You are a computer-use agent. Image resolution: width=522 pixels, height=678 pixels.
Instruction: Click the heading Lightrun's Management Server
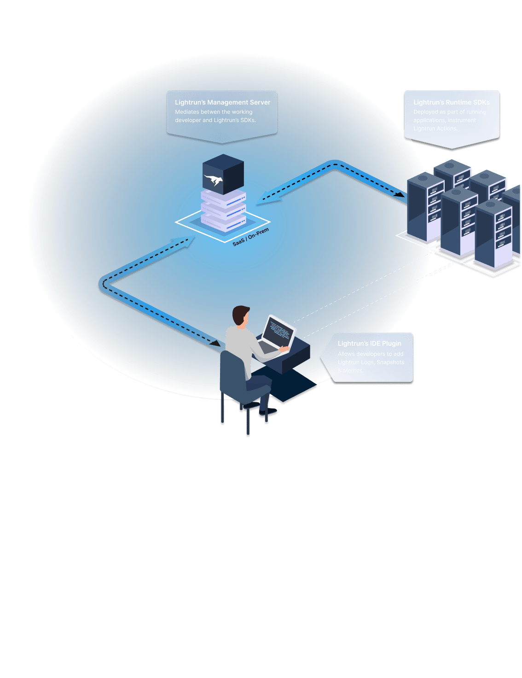pyautogui.click(x=222, y=102)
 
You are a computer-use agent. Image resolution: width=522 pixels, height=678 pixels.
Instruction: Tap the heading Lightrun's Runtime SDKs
pyautogui.click(x=451, y=102)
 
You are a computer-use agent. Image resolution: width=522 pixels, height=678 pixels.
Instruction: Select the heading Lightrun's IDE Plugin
pyautogui.click(x=369, y=344)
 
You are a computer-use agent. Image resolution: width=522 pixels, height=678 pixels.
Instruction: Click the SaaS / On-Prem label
pyautogui.click(x=250, y=237)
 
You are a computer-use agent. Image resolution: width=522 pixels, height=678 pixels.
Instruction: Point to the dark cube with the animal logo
pyautogui.click(x=223, y=174)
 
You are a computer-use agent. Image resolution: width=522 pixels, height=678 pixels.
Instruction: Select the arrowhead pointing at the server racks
pyautogui.click(x=400, y=194)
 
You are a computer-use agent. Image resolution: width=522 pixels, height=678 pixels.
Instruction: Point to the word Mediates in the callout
pyautogui.click(x=187, y=112)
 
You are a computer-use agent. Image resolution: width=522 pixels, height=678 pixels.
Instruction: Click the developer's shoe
pyautogui.click(x=269, y=412)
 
